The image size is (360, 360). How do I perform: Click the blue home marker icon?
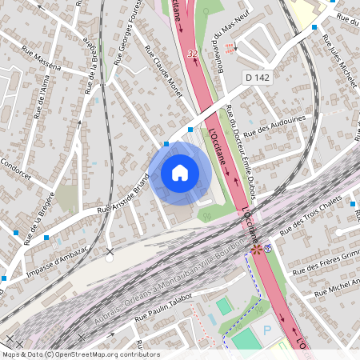coord(180,173)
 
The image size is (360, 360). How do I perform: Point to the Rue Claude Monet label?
coord(163,71)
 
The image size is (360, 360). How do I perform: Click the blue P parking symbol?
coord(268,330)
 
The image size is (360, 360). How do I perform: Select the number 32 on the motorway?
coord(191,53)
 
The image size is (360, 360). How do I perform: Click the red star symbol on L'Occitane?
coord(256,250)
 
